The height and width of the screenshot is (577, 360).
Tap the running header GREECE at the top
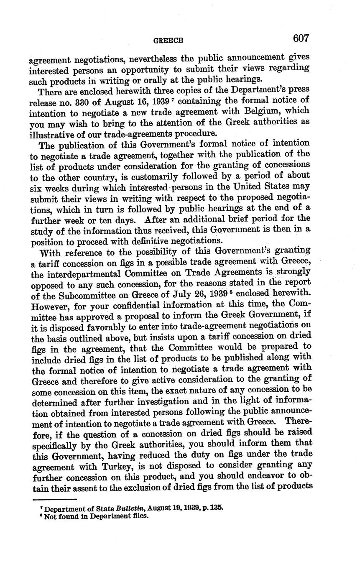point(168,41)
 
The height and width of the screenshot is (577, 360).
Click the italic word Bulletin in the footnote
point(130,508)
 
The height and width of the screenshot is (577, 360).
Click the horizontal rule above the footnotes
point(54,499)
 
